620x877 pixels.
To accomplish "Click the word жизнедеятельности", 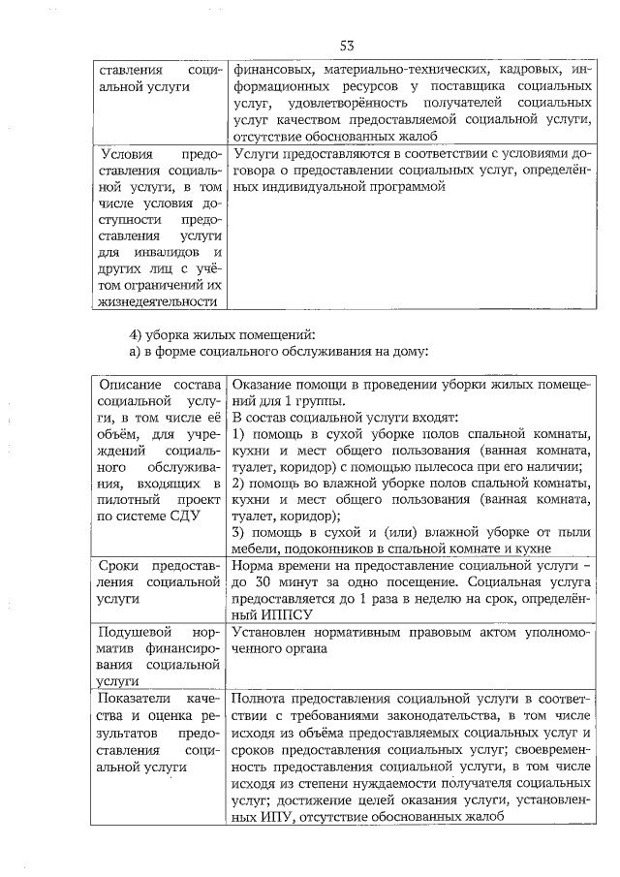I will tap(155, 302).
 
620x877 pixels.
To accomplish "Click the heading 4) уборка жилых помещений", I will tap(204, 334).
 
